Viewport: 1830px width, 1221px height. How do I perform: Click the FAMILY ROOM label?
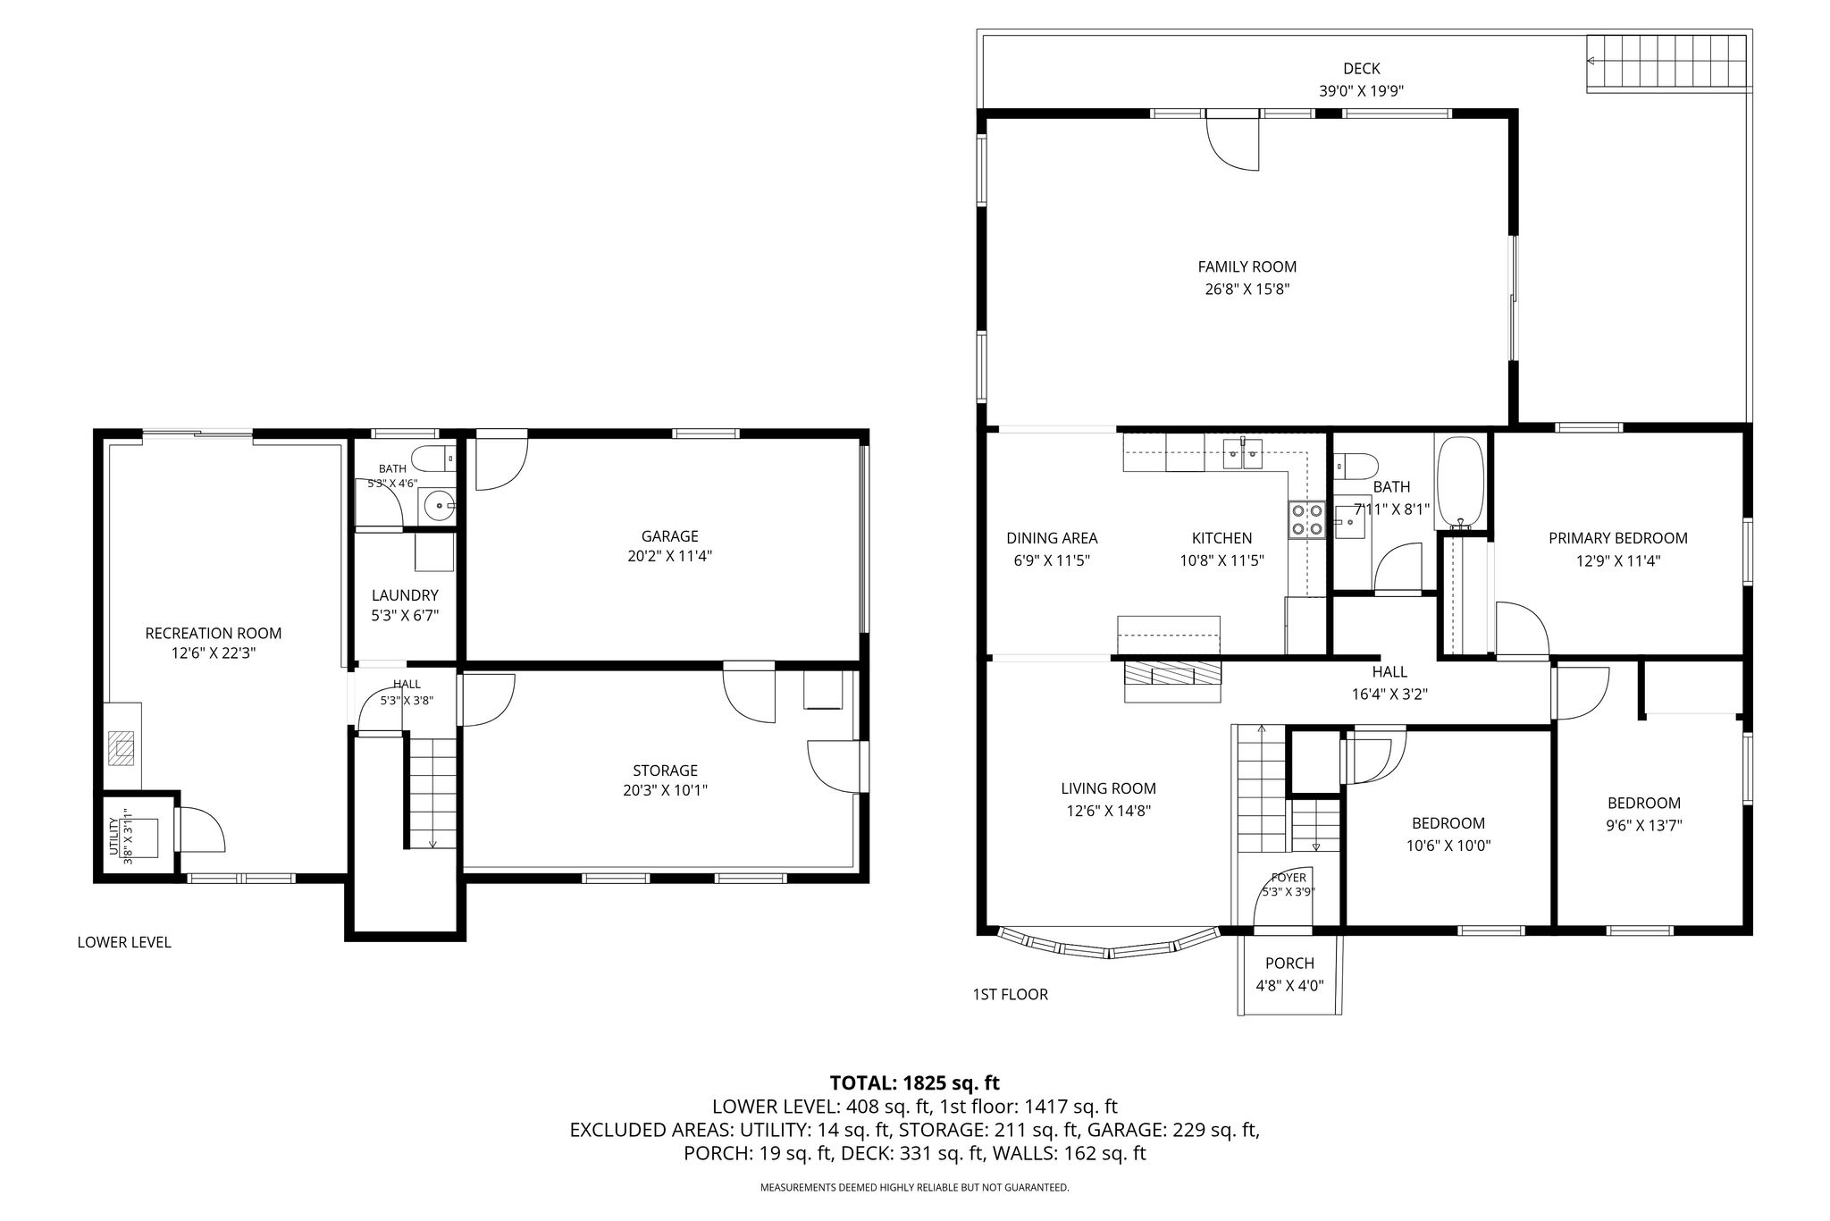click(x=1247, y=266)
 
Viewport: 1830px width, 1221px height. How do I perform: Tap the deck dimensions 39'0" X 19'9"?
click(x=1361, y=90)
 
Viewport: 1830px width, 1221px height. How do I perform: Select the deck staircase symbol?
click(x=1667, y=63)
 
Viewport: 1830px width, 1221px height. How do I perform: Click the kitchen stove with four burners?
click(x=1305, y=519)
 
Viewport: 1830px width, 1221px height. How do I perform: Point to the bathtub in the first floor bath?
click(x=1460, y=483)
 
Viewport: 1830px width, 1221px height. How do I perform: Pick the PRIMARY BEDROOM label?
click(x=1617, y=538)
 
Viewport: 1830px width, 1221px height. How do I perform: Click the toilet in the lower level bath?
click(x=439, y=458)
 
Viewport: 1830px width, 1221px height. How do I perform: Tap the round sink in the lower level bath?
click(x=439, y=506)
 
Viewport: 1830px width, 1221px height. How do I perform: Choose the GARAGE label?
click(x=669, y=536)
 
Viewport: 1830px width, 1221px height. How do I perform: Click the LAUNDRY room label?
click(x=405, y=595)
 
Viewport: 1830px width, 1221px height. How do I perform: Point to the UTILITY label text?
click(x=114, y=837)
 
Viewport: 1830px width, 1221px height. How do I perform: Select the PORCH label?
click(x=1289, y=963)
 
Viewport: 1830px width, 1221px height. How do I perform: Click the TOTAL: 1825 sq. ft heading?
click(x=914, y=1083)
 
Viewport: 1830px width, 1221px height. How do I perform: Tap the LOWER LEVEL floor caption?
click(x=124, y=942)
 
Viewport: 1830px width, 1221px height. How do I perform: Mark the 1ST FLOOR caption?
click(x=1010, y=994)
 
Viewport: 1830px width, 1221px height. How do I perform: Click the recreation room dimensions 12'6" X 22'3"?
click(x=214, y=653)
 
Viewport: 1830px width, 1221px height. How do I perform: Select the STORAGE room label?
click(x=665, y=770)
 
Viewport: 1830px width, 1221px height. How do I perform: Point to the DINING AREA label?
click(x=1052, y=538)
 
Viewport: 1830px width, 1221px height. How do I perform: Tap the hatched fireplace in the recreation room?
click(x=122, y=748)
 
